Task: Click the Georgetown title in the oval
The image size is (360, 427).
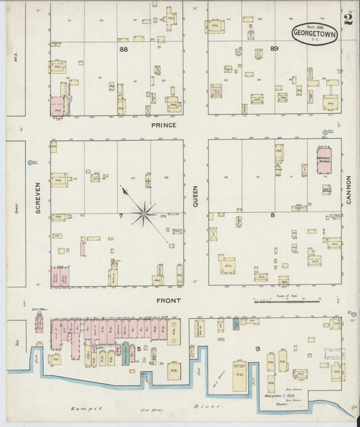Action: [315, 33]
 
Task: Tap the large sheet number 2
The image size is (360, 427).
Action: [347, 18]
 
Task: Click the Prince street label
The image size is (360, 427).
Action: [163, 126]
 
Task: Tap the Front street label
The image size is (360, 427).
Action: [168, 300]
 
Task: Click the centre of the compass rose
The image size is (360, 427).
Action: [144, 215]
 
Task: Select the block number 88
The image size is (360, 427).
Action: [123, 49]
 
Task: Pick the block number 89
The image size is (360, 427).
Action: [274, 49]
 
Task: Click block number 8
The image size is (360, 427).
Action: [273, 216]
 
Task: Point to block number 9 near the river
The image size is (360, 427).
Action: [257, 349]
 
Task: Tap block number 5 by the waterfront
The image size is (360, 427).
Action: [139, 349]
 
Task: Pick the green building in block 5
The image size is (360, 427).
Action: [126, 352]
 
